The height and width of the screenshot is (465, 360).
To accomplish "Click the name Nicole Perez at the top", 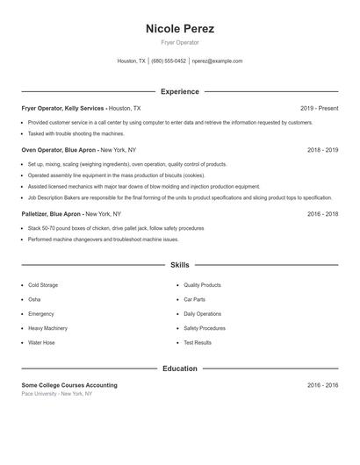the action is pos(179,28).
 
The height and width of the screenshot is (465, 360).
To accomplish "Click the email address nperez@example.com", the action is pos(217,61).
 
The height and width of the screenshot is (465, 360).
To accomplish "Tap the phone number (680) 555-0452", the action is pos(169,61).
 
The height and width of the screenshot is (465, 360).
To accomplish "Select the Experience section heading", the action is pos(179,91).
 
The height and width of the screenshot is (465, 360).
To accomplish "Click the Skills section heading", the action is pos(179,264).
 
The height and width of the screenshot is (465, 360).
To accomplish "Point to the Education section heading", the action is pos(179,368).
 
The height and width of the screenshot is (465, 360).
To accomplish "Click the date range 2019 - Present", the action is pos(319,108).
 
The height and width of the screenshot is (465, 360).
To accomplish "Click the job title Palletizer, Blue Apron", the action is pos(53,213).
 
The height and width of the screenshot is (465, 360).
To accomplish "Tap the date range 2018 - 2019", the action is pos(322,150).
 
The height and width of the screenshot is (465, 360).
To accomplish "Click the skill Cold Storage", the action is pos(43,285).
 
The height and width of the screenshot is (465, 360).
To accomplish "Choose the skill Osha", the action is pos(34,299).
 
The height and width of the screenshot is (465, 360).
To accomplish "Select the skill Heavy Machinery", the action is pos(47,328).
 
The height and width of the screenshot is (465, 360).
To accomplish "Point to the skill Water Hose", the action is pos(41,342).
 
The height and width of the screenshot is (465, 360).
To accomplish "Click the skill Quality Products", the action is pos(202,285).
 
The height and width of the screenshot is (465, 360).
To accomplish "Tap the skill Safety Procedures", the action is pos(205,328).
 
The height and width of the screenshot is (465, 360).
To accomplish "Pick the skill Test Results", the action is pos(198,342).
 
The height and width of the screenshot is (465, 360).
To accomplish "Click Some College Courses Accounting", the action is pos(69,385).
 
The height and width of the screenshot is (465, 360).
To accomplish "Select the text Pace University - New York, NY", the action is pos(56,394).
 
